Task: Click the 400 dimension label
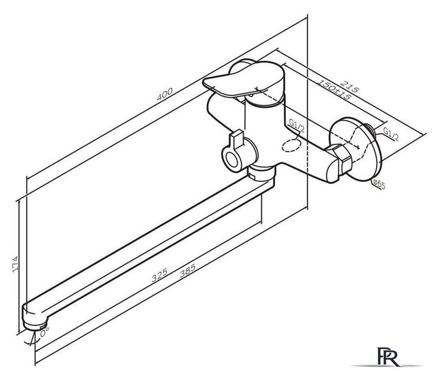164,94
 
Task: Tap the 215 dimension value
350,86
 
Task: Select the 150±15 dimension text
334,89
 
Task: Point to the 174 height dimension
15,264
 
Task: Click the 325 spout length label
160,275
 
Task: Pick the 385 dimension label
187,270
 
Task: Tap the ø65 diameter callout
379,185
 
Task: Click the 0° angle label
44,333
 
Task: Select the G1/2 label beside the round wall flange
390,134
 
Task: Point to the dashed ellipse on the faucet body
292,146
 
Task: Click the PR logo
388,357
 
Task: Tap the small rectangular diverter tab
237,140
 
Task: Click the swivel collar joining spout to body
261,173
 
